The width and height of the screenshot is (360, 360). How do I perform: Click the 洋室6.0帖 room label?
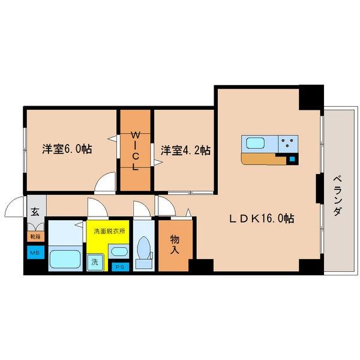pyautogui.click(x=67, y=149)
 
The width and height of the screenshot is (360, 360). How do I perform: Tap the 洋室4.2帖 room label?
pyautogui.click(x=185, y=151)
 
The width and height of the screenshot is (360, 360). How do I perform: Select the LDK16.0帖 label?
pyautogui.click(x=262, y=218)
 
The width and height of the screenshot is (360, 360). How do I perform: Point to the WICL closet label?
pyautogui.click(x=136, y=151)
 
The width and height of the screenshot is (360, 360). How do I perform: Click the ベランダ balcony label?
pyautogui.click(x=337, y=196)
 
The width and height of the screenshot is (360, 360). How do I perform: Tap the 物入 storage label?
pyautogui.click(x=175, y=245)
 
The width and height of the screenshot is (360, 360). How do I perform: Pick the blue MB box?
pyautogui.click(x=35, y=253)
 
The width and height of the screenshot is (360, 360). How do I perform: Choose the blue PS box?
pyautogui.click(x=120, y=267)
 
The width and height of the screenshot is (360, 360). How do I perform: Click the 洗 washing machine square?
pyautogui.click(x=95, y=262)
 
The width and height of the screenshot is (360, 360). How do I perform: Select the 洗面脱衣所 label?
pyautogui.click(x=109, y=231)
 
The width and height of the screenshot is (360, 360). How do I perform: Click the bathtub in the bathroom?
pyautogui.click(x=65, y=259)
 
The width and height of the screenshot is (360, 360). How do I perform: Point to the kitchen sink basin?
pyautogui.click(x=256, y=143)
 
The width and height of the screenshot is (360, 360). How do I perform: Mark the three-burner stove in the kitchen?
pyautogui.click(x=288, y=144)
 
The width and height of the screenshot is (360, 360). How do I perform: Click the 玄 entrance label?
pyautogui.click(x=35, y=212)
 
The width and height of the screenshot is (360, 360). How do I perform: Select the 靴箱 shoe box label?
pyautogui.click(x=35, y=236)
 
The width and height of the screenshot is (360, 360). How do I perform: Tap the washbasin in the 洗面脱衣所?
pyautogui.click(x=119, y=251)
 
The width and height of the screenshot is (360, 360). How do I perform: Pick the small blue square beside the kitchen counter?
pyautogui.click(x=292, y=159)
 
